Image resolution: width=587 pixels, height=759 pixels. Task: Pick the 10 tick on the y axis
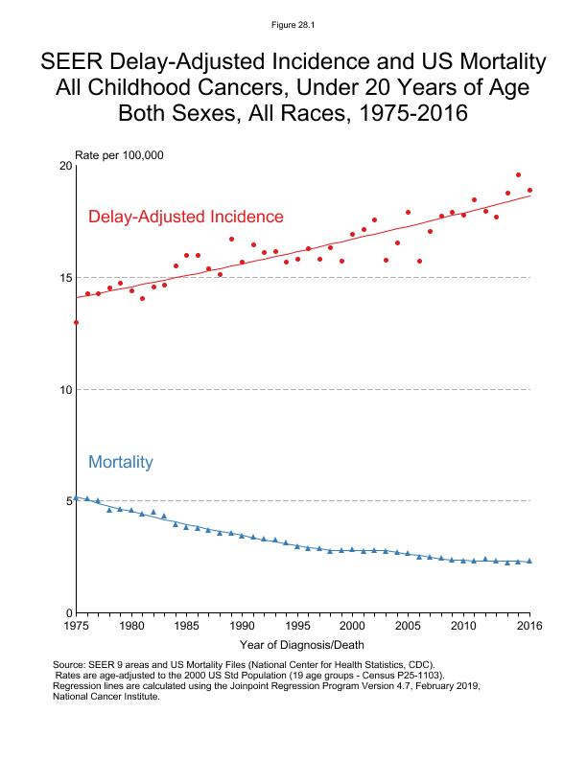point(65,390)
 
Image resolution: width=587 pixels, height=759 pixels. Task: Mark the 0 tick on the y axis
point(68,613)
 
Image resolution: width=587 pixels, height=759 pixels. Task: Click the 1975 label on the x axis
point(76,626)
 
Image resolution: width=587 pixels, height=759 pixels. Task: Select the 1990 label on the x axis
point(242,626)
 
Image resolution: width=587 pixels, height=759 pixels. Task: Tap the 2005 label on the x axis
point(408,626)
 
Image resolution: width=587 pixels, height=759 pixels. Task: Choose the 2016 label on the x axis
point(529,626)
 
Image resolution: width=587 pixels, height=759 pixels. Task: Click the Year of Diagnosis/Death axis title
point(302,644)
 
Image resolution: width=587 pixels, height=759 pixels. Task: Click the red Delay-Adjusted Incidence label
point(185,217)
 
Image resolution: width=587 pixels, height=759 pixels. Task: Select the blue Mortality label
point(121,462)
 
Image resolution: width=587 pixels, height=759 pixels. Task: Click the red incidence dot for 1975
point(76,322)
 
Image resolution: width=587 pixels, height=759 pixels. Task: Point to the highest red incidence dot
point(518,175)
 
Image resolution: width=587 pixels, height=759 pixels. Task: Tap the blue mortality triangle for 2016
point(529,561)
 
